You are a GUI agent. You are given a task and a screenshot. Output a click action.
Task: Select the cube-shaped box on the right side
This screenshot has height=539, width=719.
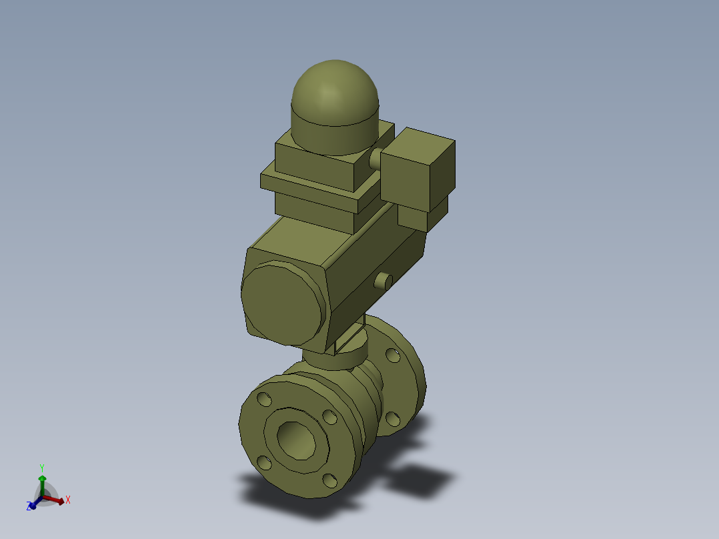click(417, 170)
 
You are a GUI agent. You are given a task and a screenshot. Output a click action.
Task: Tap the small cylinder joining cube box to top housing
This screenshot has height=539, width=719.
click(376, 159)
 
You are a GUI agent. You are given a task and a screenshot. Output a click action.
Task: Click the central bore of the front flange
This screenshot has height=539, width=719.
click(295, 440)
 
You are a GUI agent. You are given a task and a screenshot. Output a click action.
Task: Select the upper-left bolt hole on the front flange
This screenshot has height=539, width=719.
click(265, 400)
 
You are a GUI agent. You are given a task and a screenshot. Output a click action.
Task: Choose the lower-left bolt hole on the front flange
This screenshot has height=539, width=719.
click(264, 462)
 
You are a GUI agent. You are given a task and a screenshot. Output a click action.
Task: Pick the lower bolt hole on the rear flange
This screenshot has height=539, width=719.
click(393, 418)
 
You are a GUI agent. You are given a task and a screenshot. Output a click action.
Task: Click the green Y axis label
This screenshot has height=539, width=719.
click(41, 468)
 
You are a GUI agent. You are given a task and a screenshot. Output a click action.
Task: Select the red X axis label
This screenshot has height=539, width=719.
click(68, 500)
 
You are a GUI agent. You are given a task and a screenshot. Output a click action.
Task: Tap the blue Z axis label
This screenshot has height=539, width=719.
click(30, 507)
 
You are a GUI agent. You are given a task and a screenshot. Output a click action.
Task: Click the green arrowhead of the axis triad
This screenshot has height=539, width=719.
click(42, 479)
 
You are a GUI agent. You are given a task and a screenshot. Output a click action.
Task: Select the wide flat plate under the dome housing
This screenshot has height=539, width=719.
click(313, 187)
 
